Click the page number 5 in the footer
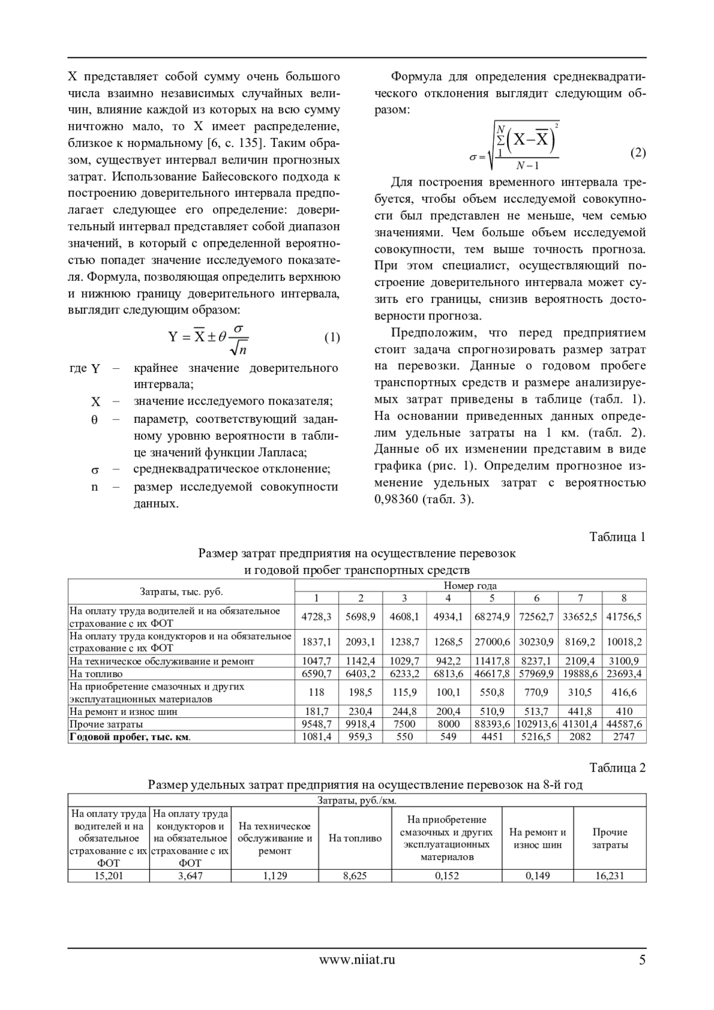click(641, 959)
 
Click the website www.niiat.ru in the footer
click(357, 959)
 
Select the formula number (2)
click(637, 153)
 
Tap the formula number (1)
click(331, 338)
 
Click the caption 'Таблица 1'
click(617, 537)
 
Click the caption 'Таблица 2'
click(617, 768)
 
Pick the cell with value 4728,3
click(317, 617)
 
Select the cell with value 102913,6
click(537, 724)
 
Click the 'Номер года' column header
click(470, 585)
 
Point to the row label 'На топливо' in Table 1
click(96, 674)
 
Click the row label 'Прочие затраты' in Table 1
click(107, 724)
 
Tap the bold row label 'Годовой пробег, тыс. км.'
click(131, 737)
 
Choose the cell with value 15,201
click(108, 876)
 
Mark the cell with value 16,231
click(610, 876)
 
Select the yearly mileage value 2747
click(624, 737)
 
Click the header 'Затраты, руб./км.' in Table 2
click(357, 801)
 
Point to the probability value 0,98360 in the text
click(397, 499)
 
